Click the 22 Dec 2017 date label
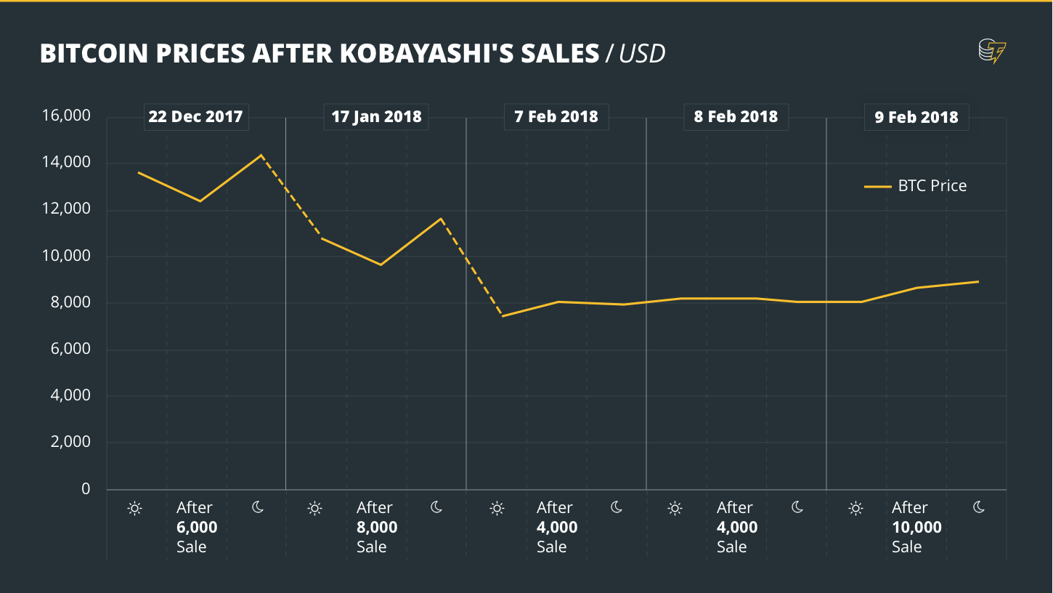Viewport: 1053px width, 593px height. tap(195, 116)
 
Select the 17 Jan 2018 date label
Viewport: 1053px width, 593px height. tap(376, 116)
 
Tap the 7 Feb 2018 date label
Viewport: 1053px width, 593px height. tap(556, 116)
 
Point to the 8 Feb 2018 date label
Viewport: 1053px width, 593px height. tap(736, 116)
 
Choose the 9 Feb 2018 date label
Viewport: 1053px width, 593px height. tap(916, 117)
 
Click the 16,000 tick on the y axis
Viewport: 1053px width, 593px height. tap(66, 116)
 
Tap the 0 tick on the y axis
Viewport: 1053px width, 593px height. tap(86, 489)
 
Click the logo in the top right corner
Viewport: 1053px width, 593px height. tap(992, 52)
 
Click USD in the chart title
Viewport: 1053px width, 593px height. tap(642, 54)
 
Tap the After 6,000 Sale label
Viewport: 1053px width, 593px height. tap(196, 527)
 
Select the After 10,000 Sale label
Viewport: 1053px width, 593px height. tap(916, 527)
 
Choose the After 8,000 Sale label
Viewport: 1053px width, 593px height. tap(376, 527)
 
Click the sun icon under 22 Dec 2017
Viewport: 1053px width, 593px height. tap(134, 508)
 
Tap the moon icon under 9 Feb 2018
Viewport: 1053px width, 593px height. tap(978, 507)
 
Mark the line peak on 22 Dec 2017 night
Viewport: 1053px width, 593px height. tap(261, 155)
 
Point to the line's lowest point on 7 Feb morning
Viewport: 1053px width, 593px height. tap(502, 316)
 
